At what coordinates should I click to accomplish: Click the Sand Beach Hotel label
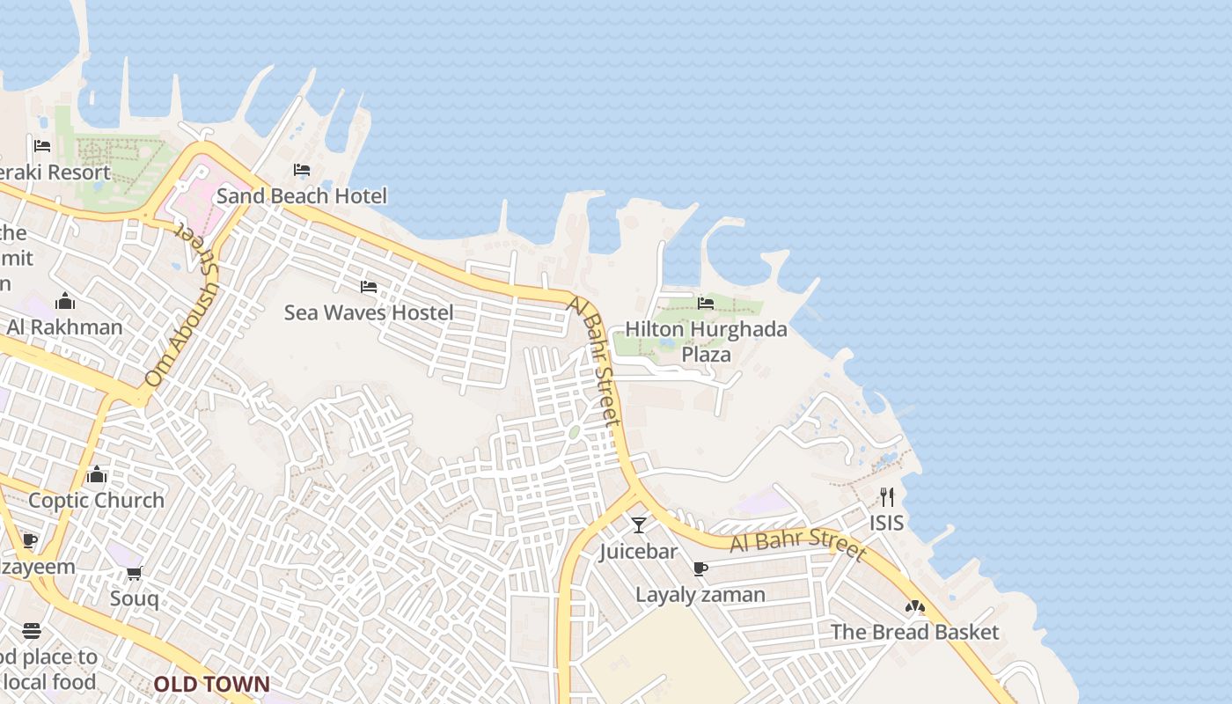coord(301,195)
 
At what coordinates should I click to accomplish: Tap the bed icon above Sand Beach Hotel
coord(302,169)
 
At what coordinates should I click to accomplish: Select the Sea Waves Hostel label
coord(369,312)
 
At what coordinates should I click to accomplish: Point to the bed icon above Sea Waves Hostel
coord(369,287)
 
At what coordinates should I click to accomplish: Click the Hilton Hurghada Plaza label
coord(706,341)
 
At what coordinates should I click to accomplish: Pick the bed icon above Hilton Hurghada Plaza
coord(706,304)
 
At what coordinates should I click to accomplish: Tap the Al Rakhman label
coord(65,327)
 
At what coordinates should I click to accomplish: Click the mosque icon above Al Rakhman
coord(65,302)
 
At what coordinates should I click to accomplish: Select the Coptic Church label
coord(97,500)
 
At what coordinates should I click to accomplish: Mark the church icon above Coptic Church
coord(97,475)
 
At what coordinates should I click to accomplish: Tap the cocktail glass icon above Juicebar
coord(639,525)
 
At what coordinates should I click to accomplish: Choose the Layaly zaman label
coord(700,595)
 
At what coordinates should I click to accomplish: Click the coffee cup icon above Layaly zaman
coord(700,569)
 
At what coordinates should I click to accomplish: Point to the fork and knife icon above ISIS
coord(887,497)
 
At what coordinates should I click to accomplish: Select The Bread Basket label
coord(915,632)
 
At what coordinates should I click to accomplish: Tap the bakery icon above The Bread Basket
coord(915,607)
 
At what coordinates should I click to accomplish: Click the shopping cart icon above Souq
coord(135,574)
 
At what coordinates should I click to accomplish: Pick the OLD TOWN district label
coord(212,684)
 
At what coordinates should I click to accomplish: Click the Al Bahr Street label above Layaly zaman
coord(797,544)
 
